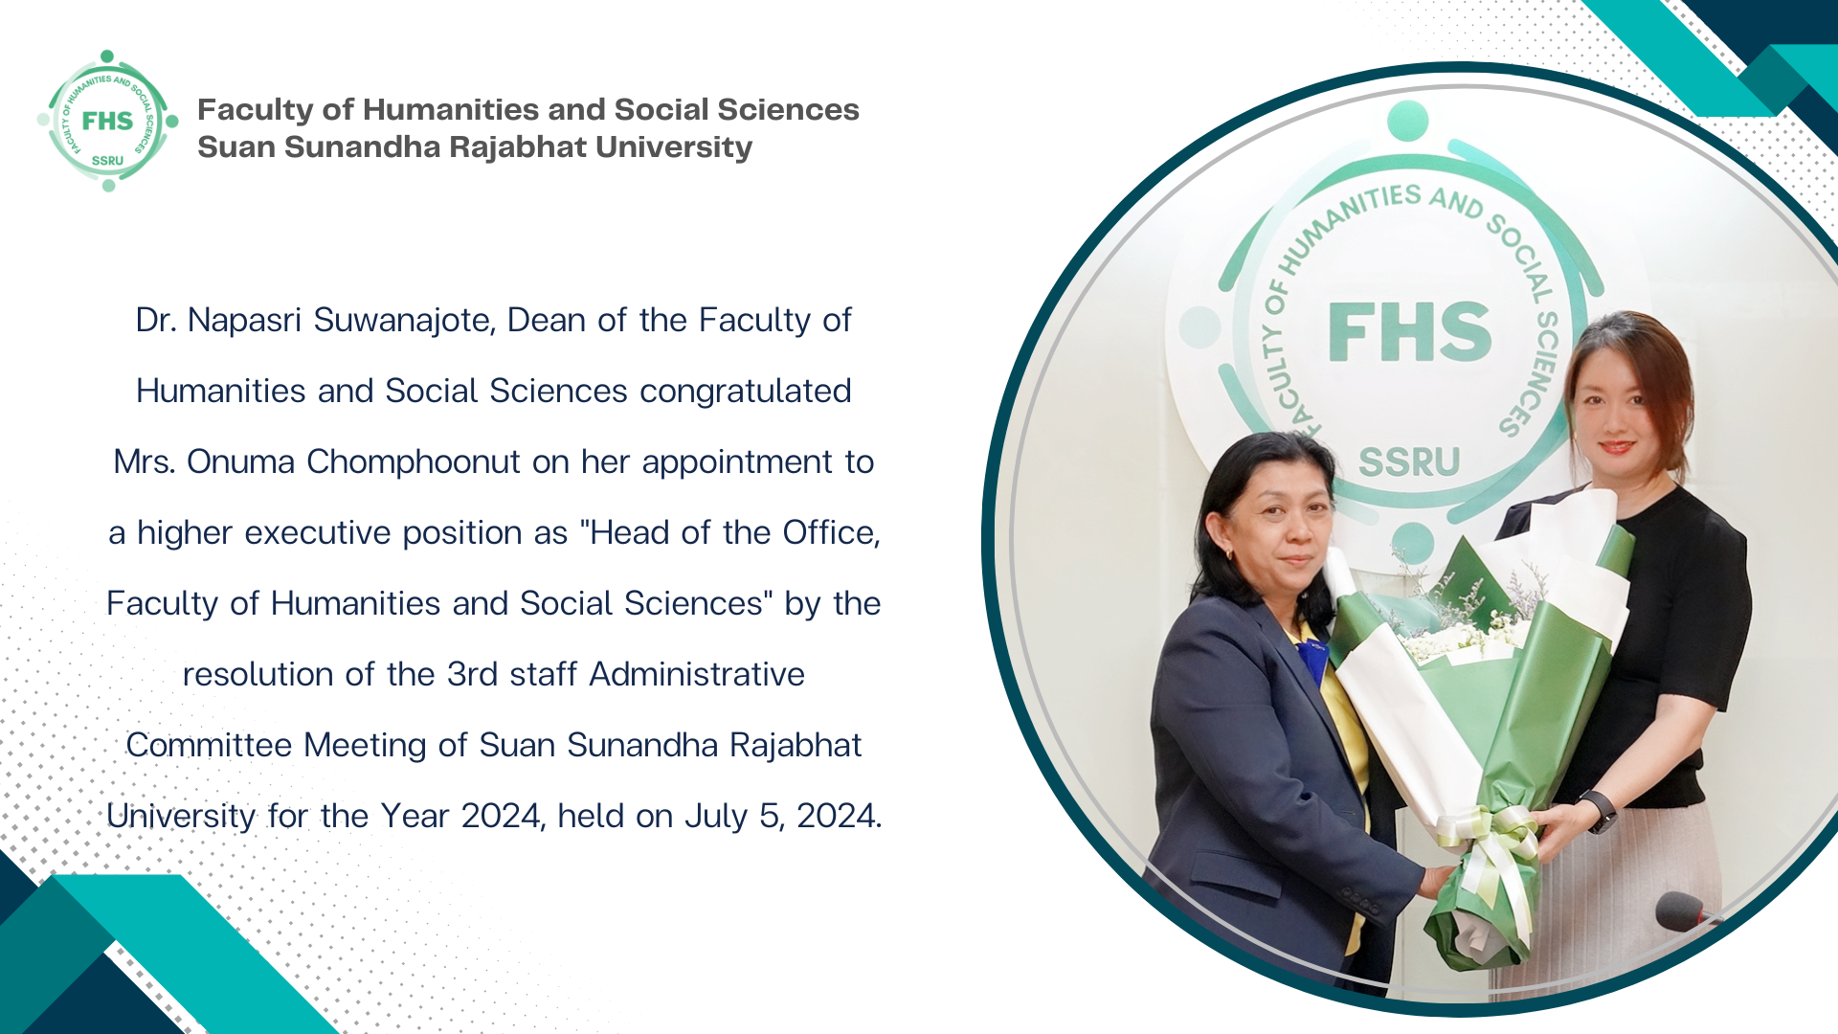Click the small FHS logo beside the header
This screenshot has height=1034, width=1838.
click(107, 121)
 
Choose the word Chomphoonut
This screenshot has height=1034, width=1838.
click(414, 462)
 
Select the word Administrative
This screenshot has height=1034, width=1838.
click(697, 674)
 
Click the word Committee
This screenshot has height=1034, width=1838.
click(209, 745)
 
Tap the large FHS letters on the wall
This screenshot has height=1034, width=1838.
click(1409, 332)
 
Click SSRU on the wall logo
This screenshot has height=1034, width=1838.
click(1409, 462)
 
